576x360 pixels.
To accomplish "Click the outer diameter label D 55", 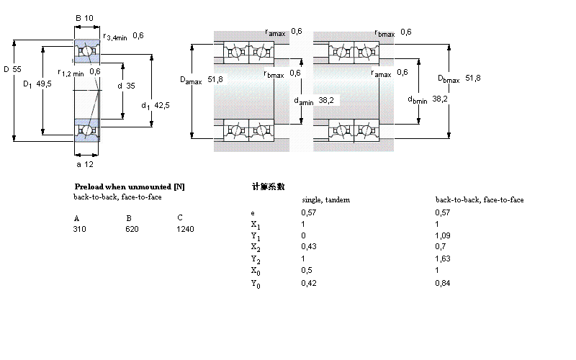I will tap(13, 69).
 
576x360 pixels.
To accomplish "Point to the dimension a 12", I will tap(85, 164).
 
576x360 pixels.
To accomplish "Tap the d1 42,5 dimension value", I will tap(156, 106).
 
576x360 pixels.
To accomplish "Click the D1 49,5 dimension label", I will tap(37, 84).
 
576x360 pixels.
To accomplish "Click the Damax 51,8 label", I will tap(202, 80).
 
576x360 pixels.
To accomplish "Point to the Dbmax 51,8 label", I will tap(459, 78).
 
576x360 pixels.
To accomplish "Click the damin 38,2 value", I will tap(314, 101).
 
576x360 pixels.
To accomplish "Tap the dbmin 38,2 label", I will tap(428, 99).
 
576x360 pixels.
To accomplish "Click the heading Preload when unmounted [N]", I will tap(130, 186).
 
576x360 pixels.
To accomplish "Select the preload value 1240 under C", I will tap(185, 229).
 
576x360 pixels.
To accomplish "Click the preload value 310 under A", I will tap(79, 229).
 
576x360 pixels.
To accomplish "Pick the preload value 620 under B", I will tap(132, 229).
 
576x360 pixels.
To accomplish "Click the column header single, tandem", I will tap(325, 199).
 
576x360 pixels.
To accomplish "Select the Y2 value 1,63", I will tap(442, 258).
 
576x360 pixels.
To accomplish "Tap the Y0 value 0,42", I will tap(308, 283).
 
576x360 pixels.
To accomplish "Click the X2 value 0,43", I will tap(308, 247).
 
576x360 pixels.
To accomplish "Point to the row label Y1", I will tap(254, 236).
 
